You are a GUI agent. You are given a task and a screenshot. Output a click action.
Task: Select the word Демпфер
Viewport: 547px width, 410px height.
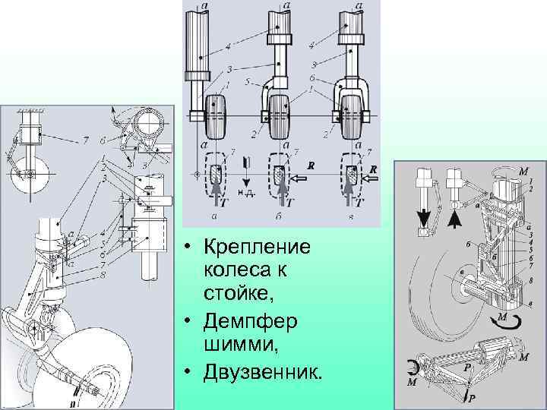[x=241, y=322]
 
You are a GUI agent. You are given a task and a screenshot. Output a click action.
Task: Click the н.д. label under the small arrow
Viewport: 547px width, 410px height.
[x=245, y=194]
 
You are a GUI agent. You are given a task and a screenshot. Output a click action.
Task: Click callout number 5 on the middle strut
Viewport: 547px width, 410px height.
[x=248, y=79]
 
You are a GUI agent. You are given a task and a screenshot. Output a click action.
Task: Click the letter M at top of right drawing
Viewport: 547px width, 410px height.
[x=523, y=172]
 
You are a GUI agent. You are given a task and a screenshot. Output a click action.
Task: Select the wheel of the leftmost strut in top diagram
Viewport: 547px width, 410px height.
[x=216, y=116]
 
